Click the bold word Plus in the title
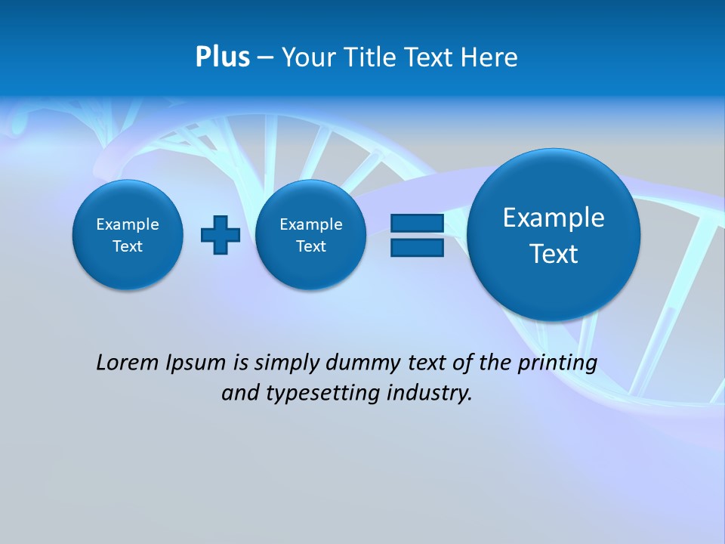(222, 57)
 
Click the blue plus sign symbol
(221, 234)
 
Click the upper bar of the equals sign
(417, 223)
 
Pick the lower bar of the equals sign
(417, 248)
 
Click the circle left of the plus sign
(128, 234)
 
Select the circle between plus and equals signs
(310, 234)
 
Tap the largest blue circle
(554, 235)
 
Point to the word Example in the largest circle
(554, 218)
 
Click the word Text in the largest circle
(554, 254)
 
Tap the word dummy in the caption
(364, 363)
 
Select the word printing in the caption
(557, 363)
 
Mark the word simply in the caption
(288, 363)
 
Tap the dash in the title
(265, 57)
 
